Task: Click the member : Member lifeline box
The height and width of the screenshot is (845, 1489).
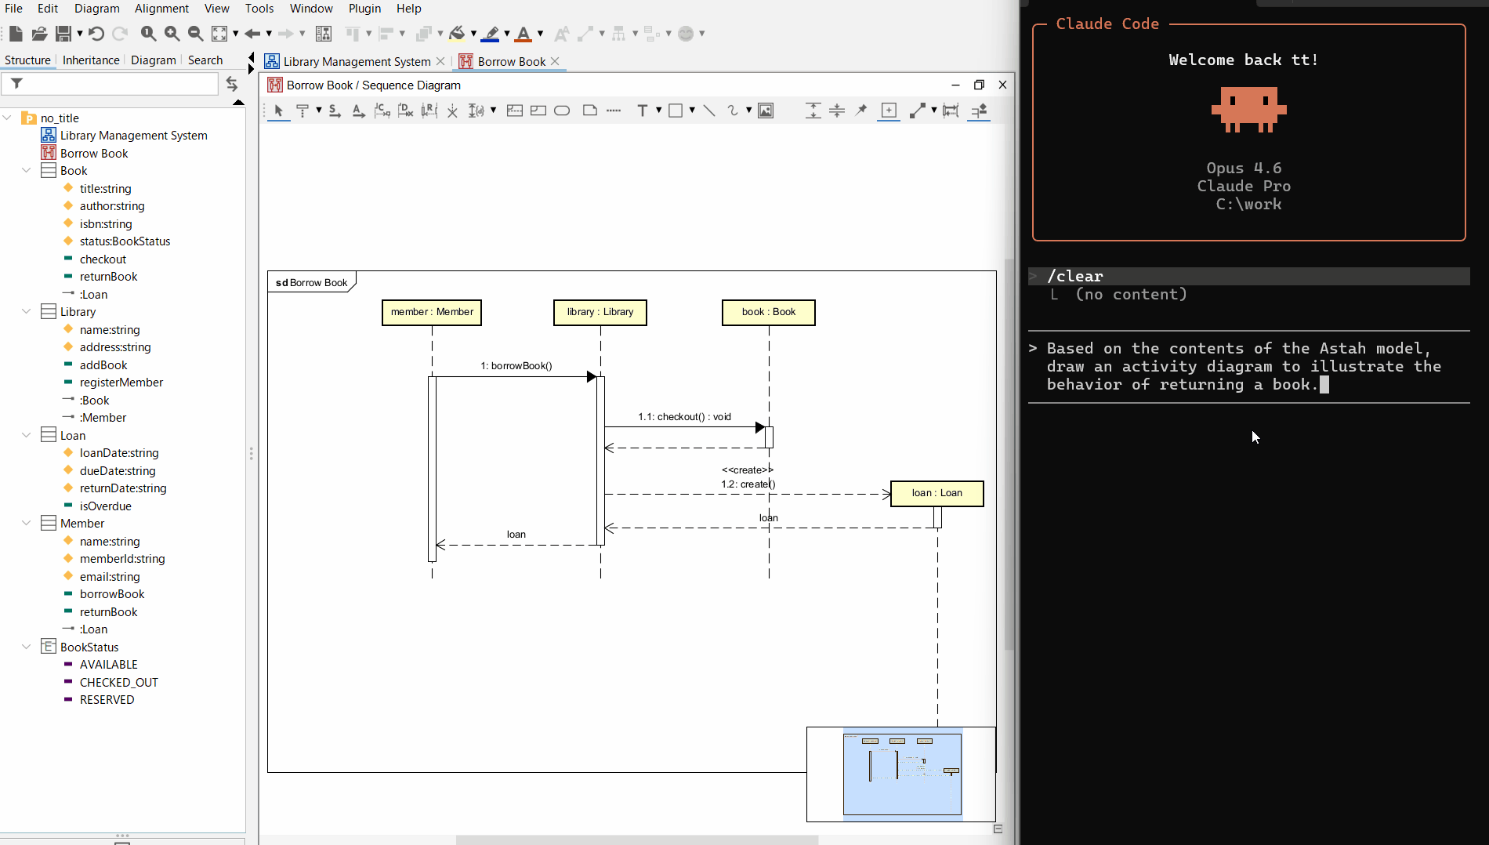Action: pos(432,312)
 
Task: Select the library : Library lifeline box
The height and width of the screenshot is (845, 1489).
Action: pos(600,312)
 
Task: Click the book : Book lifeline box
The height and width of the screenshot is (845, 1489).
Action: pos(768,312)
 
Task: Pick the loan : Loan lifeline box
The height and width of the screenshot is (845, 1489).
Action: pos(937,493)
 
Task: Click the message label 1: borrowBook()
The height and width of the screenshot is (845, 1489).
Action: pos(516,366)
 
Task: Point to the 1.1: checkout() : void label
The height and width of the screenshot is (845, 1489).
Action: pos(684,417)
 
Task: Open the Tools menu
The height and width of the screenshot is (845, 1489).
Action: pos(259,9)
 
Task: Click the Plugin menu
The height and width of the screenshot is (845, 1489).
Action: pos(364,9)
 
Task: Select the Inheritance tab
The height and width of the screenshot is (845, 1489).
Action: pos(91,60)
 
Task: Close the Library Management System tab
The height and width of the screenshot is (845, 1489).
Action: pos(440,61)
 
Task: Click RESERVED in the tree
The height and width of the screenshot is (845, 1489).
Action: pos(107,700)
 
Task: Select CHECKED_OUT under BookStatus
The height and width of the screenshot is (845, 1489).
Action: pos(118,683)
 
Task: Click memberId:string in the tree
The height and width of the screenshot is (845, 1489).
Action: pos(121,559)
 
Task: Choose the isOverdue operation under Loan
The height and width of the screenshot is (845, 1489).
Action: pos(105,506)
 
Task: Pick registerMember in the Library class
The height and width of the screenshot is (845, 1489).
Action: pos(121,383)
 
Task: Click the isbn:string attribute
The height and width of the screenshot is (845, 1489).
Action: pos(105,224)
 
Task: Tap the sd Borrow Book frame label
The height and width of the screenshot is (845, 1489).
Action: pos(312,283)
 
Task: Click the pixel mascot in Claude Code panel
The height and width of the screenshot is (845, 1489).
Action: pos(1248,109)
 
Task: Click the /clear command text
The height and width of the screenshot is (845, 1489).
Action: pos(1074,276)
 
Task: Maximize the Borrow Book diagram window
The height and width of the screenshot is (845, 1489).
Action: pos(979,85)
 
